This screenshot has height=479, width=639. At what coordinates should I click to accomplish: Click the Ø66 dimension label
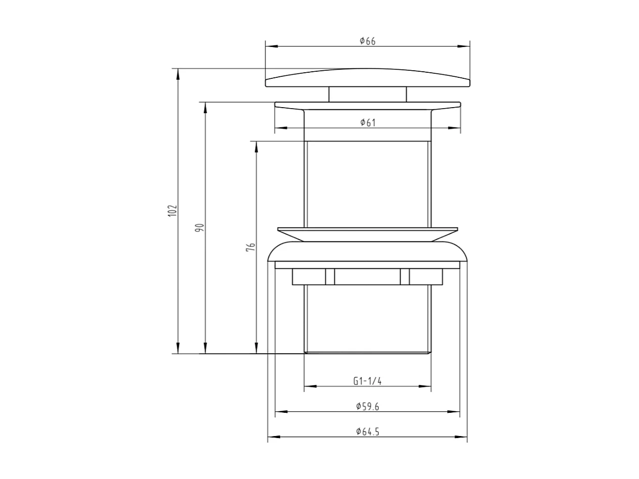(x=367, y=41)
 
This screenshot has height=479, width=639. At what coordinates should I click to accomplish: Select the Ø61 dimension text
(x=368, y=123)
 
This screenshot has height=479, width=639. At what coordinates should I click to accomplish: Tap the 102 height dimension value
(x=173, y=211)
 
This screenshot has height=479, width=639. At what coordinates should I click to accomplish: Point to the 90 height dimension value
(x=200, y=227)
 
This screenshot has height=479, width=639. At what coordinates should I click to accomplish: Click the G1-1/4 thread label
(x=367, y=381)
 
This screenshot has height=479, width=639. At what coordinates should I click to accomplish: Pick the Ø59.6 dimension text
(x=367, y=406)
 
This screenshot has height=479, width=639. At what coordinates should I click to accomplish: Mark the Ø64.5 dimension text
(x=367, y=432)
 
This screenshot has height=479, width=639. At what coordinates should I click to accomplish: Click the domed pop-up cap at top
(x=367, y=78)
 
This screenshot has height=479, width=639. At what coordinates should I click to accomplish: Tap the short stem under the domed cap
(x=367, y=94)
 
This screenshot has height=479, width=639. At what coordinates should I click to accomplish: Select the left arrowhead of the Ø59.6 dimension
(x=281, y=412)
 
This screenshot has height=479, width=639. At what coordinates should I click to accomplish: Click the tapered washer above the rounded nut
(x=367, y=234)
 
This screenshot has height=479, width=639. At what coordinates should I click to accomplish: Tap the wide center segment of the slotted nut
(x=367, y=277)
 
